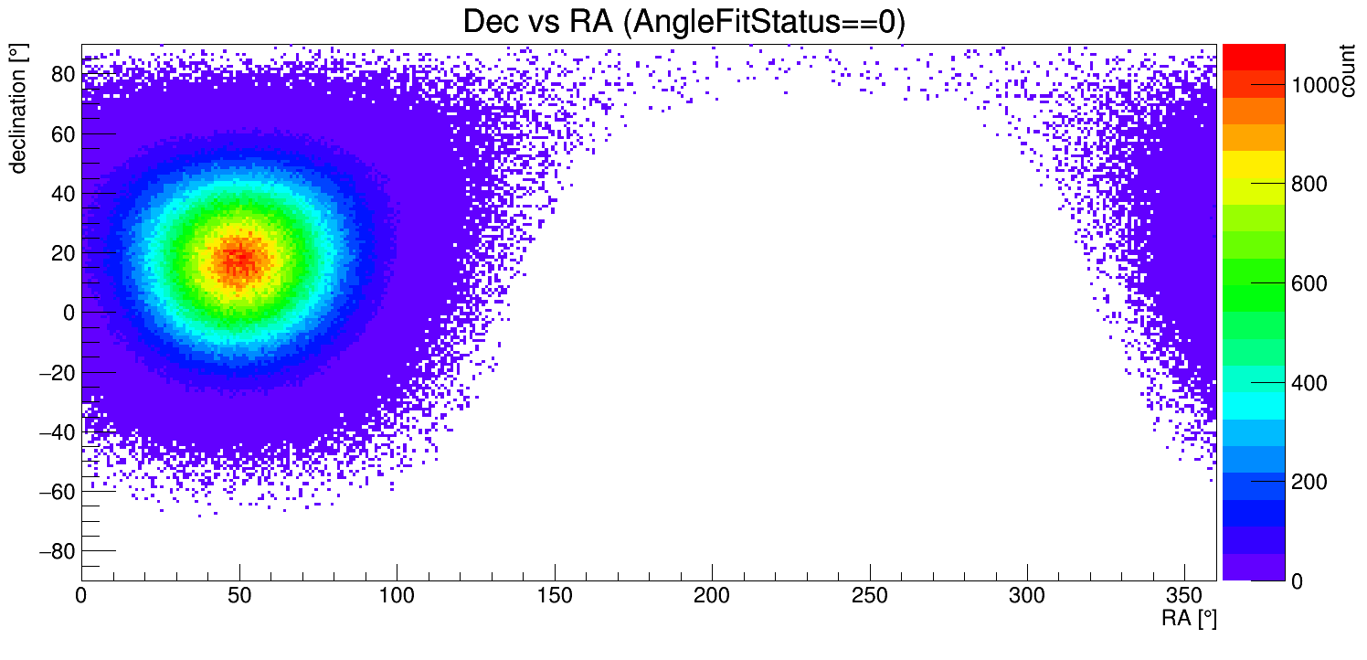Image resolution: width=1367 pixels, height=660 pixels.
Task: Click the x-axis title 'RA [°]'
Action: (x=1189, y=619)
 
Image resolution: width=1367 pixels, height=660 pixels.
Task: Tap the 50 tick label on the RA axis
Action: (x=238, y=597)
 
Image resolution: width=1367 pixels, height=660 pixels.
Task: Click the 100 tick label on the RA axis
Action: (x=397, y=597)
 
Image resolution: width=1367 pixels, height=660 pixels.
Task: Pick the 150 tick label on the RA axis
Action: (x=554, y=597)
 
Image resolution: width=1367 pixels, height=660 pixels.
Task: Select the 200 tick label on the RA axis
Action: (x=712, y=597)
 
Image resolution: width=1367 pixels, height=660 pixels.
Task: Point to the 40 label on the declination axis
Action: (x=62, y=193)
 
